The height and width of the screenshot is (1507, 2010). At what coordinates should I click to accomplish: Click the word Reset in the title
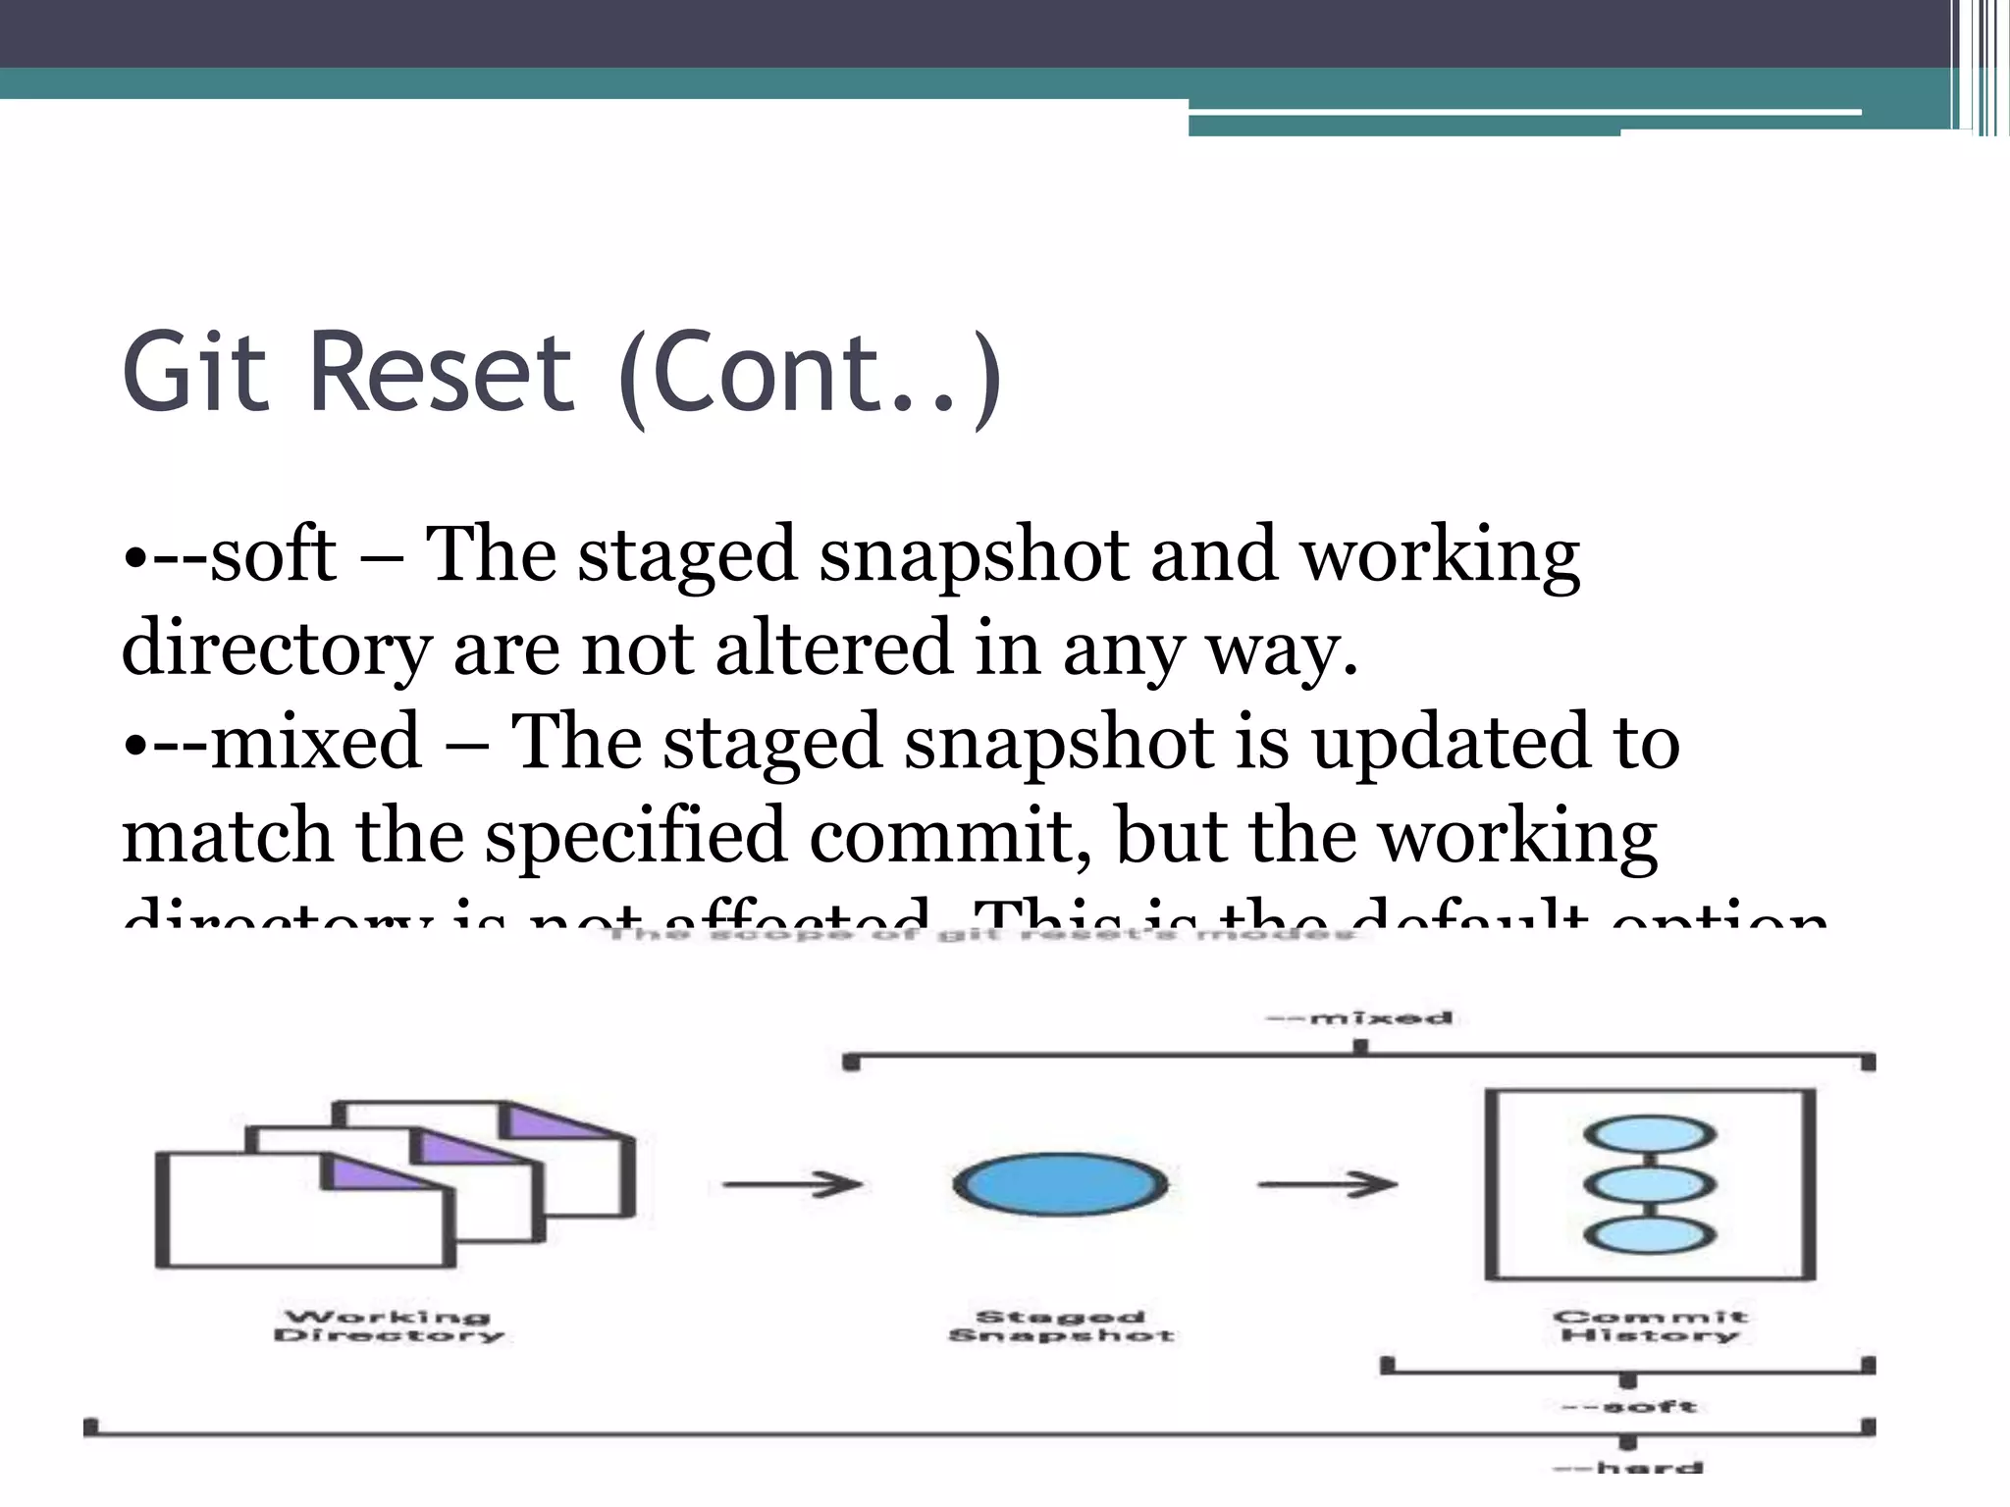[x=441, y=373]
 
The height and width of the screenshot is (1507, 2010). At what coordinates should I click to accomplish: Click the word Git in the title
[x=194, y=373]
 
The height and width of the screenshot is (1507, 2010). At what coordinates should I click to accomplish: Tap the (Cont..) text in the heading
[x=811, y=376]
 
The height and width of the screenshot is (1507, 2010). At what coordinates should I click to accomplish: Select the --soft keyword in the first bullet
[x=245, y=555]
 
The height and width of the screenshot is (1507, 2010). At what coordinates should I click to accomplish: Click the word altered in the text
[x=834, y=649]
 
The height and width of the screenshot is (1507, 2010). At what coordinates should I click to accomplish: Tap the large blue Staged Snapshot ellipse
[x=1060, y=1184]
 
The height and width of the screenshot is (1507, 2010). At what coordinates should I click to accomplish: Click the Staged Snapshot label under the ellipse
[x=1061, y=1325]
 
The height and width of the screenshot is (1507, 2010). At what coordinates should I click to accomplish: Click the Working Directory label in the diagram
[x=389, y=1325]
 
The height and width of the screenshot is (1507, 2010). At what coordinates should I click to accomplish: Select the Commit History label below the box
[x=1650, y=1325]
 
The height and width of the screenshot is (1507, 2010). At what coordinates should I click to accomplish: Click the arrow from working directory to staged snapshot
[x=792, y=1184]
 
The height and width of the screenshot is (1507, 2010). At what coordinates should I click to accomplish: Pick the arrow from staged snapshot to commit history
[x=1327, y=1184]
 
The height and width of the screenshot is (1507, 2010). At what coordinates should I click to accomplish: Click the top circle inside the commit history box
[x=1650, y=1135]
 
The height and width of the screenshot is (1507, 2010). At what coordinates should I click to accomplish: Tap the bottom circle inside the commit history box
[x=1650, y=1234]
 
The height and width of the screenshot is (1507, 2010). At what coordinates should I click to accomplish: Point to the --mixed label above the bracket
[x=1360, y=1017]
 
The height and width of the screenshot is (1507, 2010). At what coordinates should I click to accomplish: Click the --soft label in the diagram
[x=1629, y=1406]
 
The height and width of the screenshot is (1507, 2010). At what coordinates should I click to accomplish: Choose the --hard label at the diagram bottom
[x=1629, y=1468]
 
